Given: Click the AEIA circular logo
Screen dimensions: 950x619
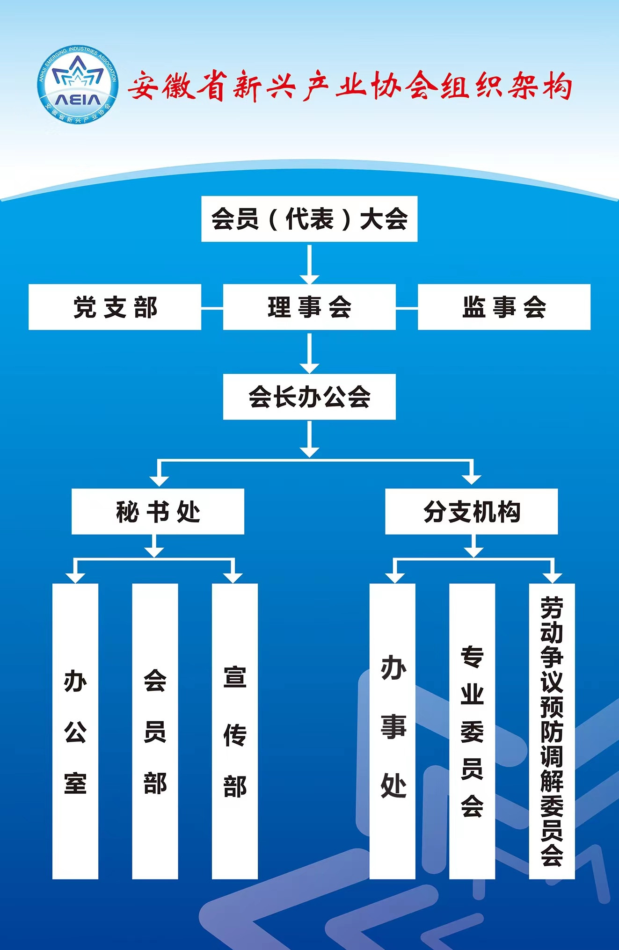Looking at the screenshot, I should coord(77,85).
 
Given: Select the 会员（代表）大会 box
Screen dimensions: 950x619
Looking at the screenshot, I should coord(309,219).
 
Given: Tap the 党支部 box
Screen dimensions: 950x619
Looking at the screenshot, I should coord(115,307).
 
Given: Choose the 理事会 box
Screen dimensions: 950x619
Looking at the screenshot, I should coord(309,307).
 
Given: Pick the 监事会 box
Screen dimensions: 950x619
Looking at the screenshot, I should coord(504,307).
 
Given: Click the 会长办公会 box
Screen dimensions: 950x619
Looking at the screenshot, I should coord(309,397).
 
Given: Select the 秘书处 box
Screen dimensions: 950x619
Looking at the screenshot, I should coord(158,511).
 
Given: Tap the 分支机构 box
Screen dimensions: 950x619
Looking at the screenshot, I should coord(471,511).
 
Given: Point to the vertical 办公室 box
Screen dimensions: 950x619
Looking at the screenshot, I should coord(75,731).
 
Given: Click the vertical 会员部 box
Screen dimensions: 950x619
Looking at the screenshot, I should coord(155,731).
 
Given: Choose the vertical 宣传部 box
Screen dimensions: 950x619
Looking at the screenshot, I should coord(235,731).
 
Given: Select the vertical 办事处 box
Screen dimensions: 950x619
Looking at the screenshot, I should coord(393,731).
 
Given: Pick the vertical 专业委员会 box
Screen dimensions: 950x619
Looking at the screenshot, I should coord(472,731).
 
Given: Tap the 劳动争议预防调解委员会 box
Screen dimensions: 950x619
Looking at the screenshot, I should coord(552,731).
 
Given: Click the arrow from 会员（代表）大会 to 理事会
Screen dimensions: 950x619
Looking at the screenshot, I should coord(309,264).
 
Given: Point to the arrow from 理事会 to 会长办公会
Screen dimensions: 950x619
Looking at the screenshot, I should coord(309,353).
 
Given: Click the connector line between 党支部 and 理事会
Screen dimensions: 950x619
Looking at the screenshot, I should coord(212,308).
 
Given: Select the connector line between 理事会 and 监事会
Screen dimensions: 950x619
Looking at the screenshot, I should coord(407,308).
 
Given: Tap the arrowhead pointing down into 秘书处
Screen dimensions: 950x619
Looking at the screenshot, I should coord(159,480).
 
